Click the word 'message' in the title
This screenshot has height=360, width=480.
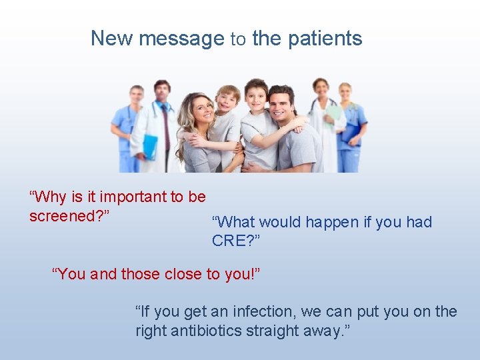181,39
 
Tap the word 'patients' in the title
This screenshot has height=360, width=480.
325,39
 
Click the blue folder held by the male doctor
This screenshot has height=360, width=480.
150,146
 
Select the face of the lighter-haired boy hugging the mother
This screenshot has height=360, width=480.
228,101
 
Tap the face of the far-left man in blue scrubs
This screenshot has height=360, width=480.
137,97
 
